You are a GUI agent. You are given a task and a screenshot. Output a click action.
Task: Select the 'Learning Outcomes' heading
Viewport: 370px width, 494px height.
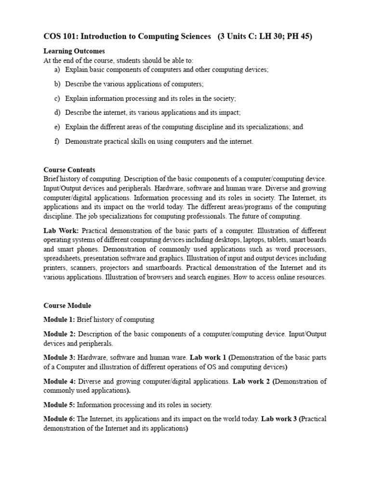click(74, 51)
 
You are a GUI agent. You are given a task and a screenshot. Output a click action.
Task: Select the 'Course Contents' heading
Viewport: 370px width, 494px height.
click(69, 170)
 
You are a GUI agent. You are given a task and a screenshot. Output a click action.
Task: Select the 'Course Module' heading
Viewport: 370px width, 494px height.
click(67, 305)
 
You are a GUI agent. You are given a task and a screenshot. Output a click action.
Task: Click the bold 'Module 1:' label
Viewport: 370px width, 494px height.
click(59, 319)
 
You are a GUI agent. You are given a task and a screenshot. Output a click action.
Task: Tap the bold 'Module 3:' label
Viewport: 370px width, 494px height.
click(59, 357)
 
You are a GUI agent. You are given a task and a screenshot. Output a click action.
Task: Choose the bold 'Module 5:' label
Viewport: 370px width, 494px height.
click(59, 405)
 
